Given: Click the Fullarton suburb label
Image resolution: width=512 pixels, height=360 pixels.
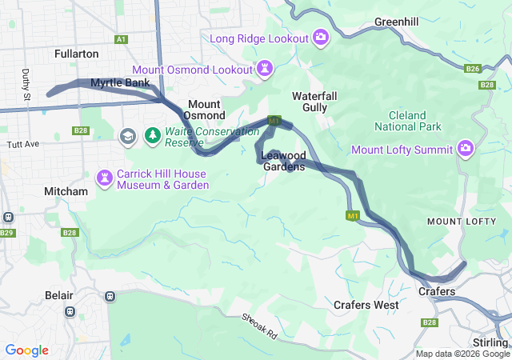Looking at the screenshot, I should pyautogui.click(x=76, y=54).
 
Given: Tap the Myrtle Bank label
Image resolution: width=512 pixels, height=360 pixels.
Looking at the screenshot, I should pyautogui.click(x=120, y=82).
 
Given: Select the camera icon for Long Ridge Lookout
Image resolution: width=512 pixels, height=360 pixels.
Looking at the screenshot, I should pyautogui.click(x=321, y=38).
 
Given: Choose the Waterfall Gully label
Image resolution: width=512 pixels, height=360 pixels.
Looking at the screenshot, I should pyautogui.click(x=320, y=101).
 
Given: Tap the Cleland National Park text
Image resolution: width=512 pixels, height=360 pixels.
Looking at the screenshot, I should pyautogui.click(x=408, y=121).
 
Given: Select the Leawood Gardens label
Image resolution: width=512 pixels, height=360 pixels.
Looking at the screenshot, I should pyautogui.click(x=284, y=162).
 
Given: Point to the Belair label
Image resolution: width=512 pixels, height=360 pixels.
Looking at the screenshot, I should pyautogui.click(x=59, y=295).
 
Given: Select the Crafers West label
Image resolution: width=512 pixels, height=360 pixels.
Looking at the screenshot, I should pyautogui.click(x=366, y=305).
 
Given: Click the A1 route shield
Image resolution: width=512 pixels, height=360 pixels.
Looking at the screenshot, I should pyautogui.click(x=121, y=38).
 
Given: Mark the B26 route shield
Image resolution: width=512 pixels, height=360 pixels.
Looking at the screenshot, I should pyautogui.click(x=473, y=69).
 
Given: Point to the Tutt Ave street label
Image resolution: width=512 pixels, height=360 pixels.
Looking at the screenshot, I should pyautogui.click(x=22, y=144).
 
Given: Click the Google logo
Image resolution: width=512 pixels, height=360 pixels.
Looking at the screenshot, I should pyautogui.click(x=26, y=350).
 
